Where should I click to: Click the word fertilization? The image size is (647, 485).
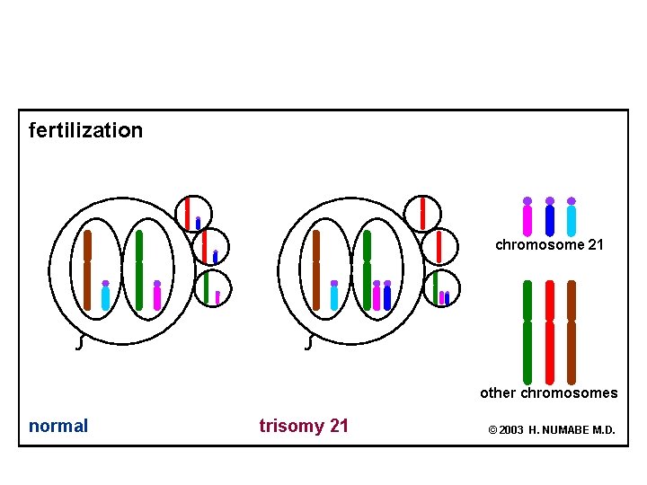85,130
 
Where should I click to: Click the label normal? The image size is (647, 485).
58,426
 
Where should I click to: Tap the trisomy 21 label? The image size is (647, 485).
304,426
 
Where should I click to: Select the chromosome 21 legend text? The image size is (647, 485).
549,244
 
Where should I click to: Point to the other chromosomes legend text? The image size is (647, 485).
548,392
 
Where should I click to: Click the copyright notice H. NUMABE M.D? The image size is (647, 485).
552,430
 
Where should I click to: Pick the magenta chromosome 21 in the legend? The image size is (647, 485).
527,217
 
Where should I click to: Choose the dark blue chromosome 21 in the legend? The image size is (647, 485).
550,217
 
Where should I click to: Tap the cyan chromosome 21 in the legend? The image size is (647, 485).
572,217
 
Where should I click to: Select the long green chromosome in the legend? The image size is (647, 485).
527,331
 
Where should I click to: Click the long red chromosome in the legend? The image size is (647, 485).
550,331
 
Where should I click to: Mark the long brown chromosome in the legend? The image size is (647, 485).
572,331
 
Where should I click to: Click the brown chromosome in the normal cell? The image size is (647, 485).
87,269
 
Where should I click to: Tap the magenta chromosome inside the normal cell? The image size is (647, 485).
157,296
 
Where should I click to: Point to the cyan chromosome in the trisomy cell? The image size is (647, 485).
334,296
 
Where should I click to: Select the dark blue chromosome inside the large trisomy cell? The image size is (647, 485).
387,296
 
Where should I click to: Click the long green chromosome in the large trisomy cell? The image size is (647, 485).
367,269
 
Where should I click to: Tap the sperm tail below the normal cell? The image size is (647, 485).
82,342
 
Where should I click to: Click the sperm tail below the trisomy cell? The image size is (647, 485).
310,342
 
